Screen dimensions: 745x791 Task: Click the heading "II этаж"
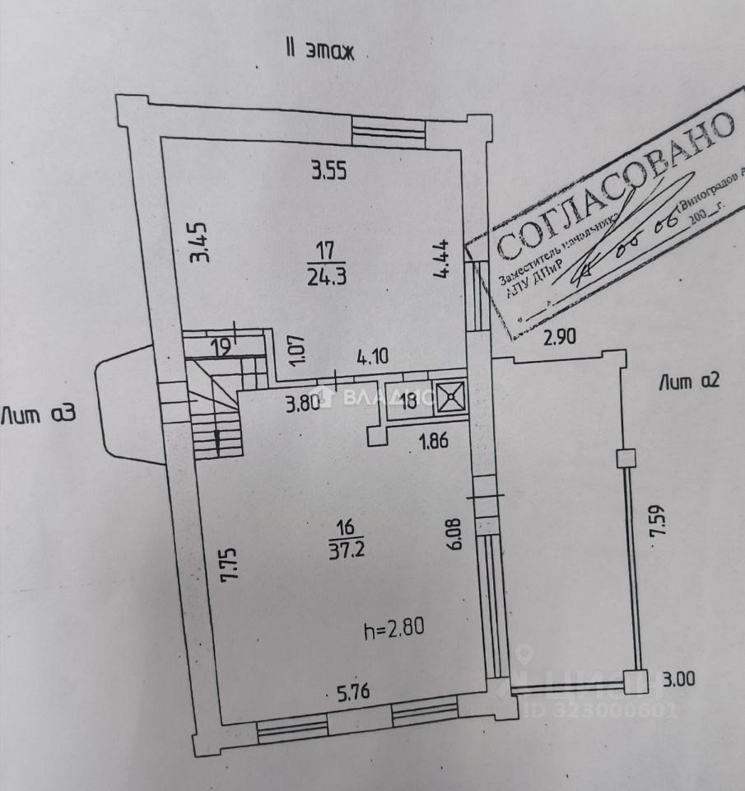pos(319,50)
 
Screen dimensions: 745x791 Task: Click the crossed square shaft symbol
pos(452,396)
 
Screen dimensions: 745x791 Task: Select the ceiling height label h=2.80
pos(395,632)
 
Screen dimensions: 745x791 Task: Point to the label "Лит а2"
pos(690,381)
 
